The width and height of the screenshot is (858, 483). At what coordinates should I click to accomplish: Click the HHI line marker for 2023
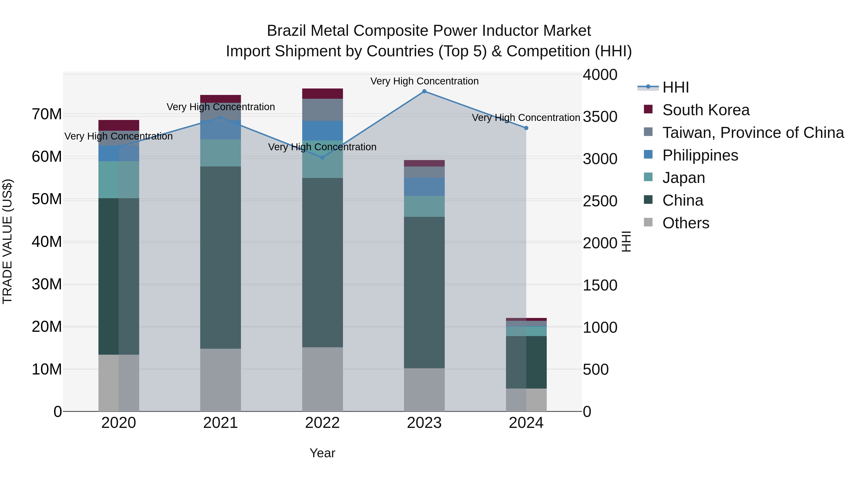coord(424,91)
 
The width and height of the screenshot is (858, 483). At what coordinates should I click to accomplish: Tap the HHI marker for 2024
coord(526,128)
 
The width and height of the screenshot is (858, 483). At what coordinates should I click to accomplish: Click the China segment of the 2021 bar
coord(220,257)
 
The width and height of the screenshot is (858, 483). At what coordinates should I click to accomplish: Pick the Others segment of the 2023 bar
coord(424,390)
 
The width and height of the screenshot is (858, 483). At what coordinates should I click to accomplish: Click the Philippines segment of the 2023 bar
coord(424,187)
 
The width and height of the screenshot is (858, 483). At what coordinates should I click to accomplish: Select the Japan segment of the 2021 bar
coord(220,153)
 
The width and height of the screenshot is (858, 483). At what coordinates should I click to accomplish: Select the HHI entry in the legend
coord(675,87)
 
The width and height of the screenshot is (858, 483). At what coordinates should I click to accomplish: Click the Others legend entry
coord(685,223)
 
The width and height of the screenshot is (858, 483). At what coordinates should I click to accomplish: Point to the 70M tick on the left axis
coord(47,114)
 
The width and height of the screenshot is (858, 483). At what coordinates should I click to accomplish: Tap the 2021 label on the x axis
coord(220,423)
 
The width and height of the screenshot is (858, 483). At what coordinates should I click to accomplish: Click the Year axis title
coord(322,453)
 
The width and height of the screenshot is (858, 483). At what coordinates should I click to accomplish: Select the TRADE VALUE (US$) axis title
coord(7,241)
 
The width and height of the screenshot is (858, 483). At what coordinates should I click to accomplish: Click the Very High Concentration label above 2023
coord(424,81)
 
